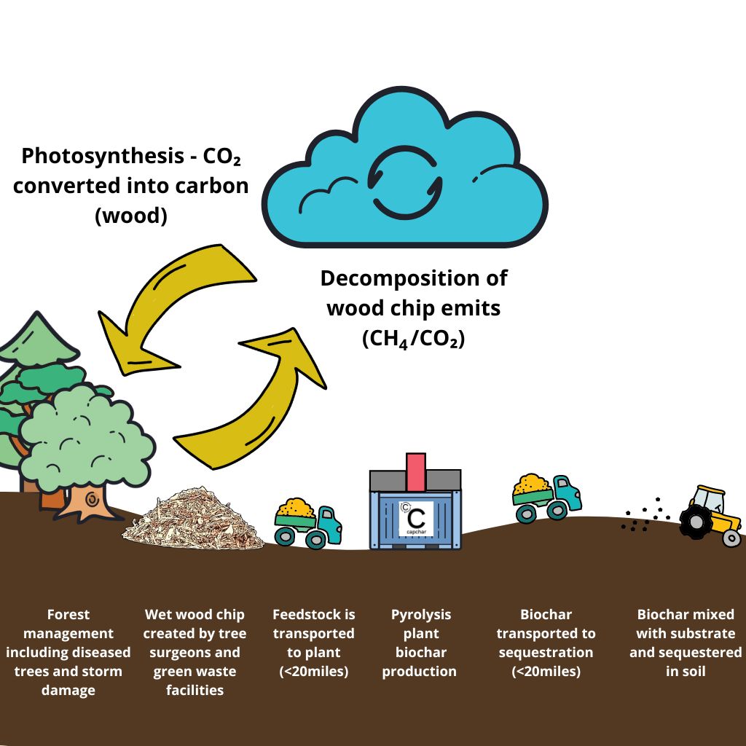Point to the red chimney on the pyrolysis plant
pyautogui.click(x=416, y=471)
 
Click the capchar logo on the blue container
pyautogui.click(x=416, y=518)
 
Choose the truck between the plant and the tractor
pyautogui.click(x=546, y=498)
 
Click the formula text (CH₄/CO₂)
pyautogui.click(x=413, y=339)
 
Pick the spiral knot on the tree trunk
pyautogui.click(x=93, y=500)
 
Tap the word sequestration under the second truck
pyautogui.click(x=546, y=652)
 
